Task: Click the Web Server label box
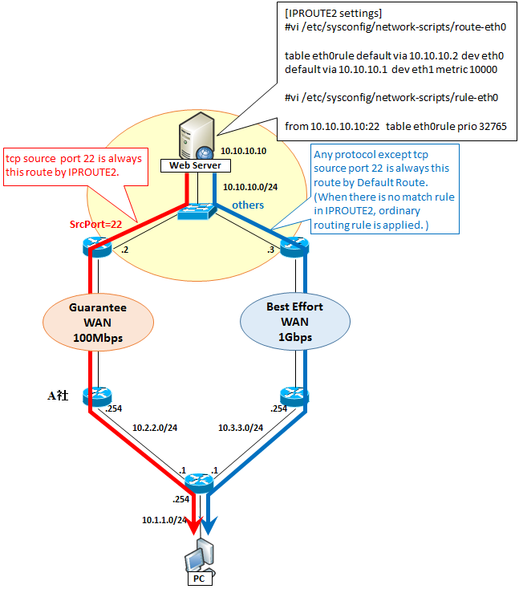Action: pos(195,165)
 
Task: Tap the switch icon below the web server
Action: pos(197,212)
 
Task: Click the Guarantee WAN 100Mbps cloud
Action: pos(98,323)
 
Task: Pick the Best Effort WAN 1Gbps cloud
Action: pos(295,322)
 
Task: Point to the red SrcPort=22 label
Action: pos(95,224)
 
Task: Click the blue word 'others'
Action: pos(248,205)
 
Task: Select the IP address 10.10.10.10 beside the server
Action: pos(243,151)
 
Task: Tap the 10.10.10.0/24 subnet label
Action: pos(250,187)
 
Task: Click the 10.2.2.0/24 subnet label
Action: pos(155,428)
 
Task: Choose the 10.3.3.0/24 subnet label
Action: pos(241,428)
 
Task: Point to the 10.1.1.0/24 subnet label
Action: pos(164,520)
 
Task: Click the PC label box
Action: pos(200,579)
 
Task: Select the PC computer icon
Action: pos(200,556)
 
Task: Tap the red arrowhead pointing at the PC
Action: pos(194,525)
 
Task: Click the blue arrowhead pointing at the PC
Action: pos(209,525)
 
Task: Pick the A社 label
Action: pos(58,395)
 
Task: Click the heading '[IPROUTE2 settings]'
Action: pos(333,13)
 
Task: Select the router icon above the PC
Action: pos(199,483)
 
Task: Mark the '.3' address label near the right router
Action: pos(271,250)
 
